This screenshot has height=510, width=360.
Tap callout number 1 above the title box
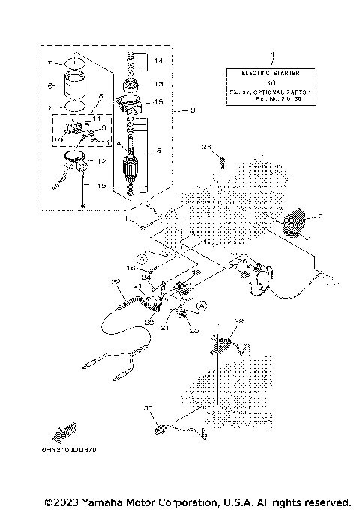coord(272,55)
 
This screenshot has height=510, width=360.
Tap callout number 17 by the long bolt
coord(129,219)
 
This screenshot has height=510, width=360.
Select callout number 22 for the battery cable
coord(115,282)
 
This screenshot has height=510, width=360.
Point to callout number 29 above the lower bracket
coord(239,322)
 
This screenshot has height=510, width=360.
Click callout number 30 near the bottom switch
coord(148,409)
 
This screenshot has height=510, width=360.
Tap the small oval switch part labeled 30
coord(160,429)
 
